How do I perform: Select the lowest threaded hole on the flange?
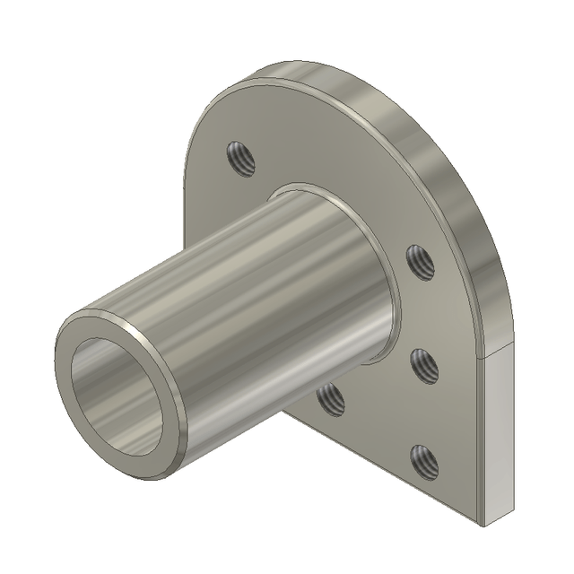coord(422,462)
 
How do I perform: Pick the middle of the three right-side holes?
coord(422,366)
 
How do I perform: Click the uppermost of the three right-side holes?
coord(419,261)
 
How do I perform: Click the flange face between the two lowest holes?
coord(377,430)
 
